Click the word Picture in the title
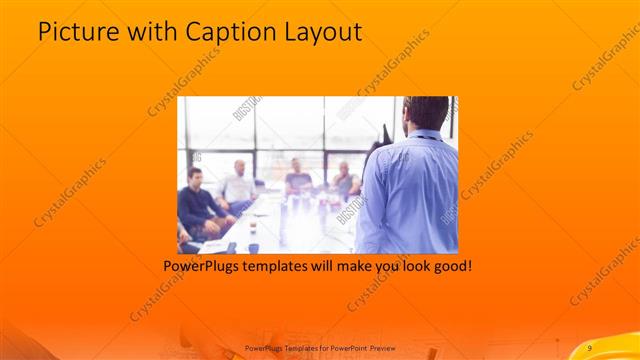pyautogui.click(x=76, y=32)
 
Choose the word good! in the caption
pyautogui.click(x=450, y=267)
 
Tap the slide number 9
pyautogui.click(x=590, y=347)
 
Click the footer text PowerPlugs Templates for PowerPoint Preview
pyautogui.click(x=320, y=347)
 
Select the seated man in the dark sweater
pyautogui.click(x=197, y=200)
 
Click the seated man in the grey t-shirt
pyautogui.click(x=298, y=179)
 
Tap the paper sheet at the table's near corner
pyautogui.click(x=213, y=245)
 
